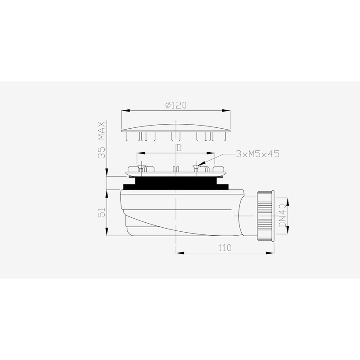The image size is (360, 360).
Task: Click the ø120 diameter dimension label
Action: pos(176,105)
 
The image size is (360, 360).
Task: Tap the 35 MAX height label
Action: pos(101,140)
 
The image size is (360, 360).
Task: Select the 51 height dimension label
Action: pos(101,212)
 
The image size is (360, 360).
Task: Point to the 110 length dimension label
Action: pos(225,248)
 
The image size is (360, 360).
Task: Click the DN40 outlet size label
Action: pos(283,216)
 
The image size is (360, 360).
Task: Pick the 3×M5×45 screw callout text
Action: pos(258,154)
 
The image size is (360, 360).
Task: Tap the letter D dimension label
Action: pos(179,148)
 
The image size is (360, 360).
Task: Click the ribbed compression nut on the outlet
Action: pos(266,216)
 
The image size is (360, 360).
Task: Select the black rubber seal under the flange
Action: pos(176,183)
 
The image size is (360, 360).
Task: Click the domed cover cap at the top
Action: pos(176,128)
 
